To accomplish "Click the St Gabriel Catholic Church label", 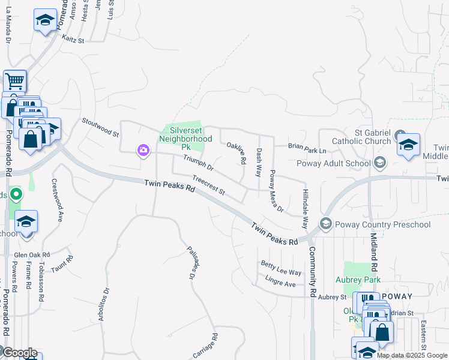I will click(364, 137).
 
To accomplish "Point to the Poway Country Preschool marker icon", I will click(326, 224).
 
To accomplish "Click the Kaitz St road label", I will click(73, 39).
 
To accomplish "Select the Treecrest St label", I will click(208, 185).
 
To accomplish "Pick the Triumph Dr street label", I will click(198, 162).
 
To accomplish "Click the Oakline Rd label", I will click(236, 153).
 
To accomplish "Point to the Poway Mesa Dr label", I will click(276, 191).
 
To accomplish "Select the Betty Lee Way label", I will click(280, 268).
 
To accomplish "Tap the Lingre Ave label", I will click(277, 281).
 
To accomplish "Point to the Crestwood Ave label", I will click(57, 200).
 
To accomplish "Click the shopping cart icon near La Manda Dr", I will click(14, 81).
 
